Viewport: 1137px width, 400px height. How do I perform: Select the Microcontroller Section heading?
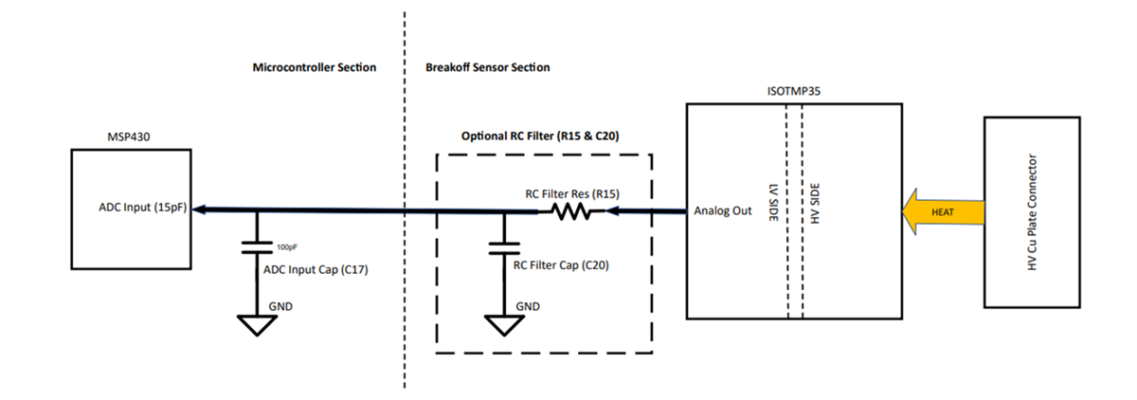click(x=315, y=68)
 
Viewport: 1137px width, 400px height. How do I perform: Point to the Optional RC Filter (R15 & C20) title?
click(x=540, y=136)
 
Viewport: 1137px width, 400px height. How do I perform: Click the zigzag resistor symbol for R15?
click(x=571, y=212)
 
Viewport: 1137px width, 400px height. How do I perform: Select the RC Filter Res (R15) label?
click(x=572, y=193)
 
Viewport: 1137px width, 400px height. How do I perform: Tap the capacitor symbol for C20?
click(x=503, y=248)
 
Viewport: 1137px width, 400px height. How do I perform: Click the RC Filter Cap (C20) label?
click(x=561, y=266)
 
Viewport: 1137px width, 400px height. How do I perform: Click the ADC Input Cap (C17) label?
click(x=315, y=270)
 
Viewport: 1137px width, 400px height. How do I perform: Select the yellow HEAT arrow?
click(x=940, y=210)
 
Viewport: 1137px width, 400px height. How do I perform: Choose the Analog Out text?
click(x=723, y=210)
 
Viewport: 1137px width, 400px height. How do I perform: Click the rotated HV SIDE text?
click(x=815, y=202)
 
